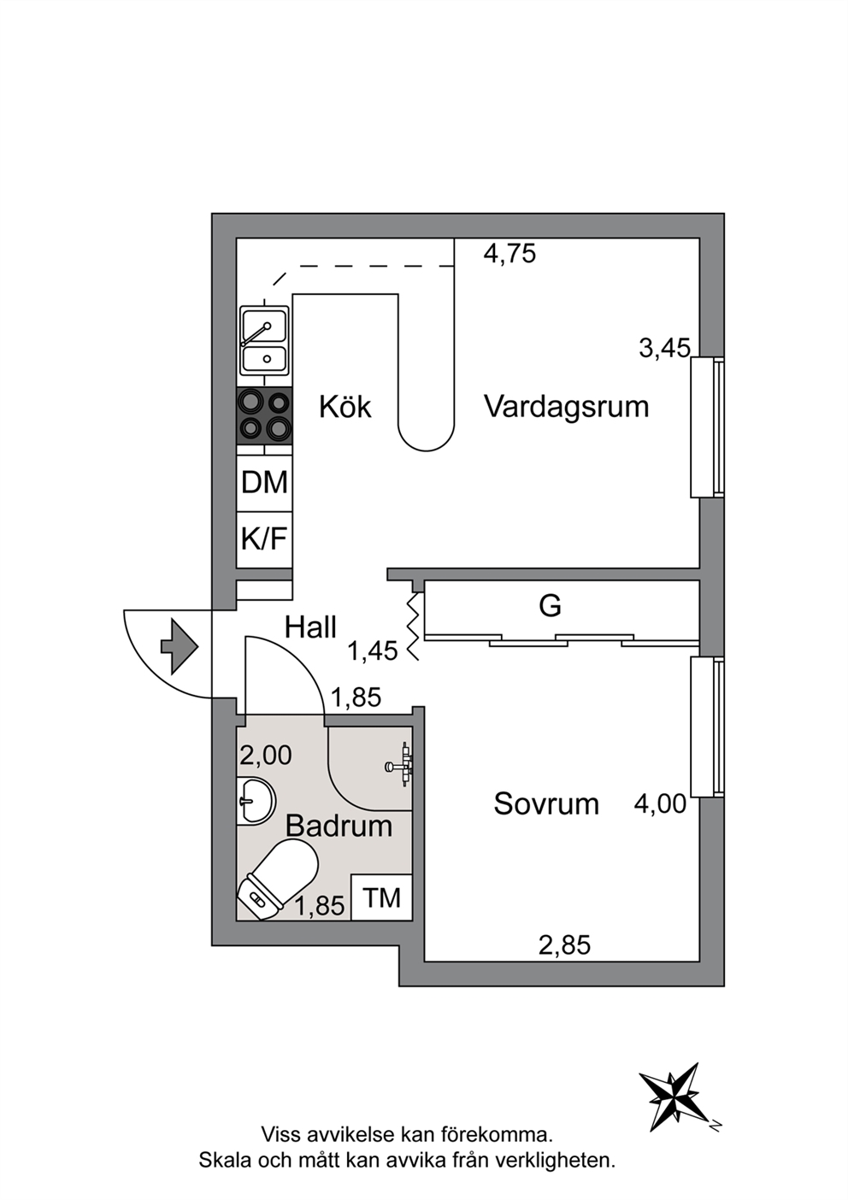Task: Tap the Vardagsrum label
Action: (x=567, y=407)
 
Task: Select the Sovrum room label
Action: (x=546, y=803)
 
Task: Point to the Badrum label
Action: (x=339, y=826)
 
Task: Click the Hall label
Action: (x=310, y=626)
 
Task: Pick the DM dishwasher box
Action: (x=265, y=483)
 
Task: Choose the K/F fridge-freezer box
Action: (x=265, y=539)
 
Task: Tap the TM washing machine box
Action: (x=381, y=897)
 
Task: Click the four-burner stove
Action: (x=265, y=415)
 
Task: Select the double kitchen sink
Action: (x=265, y=341)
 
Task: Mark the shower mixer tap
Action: (x=400, y=767)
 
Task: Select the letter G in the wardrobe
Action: (x=551, y=607)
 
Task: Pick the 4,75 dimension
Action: (x=509, y=253)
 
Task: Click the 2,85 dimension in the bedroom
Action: (x=564, y=945)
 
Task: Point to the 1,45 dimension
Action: (x=373, y=651)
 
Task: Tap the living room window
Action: (x=707, y=427)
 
